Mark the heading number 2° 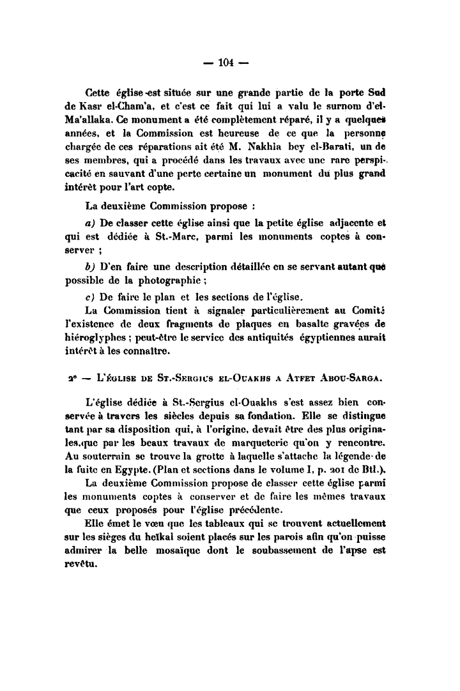pos(70,379)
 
